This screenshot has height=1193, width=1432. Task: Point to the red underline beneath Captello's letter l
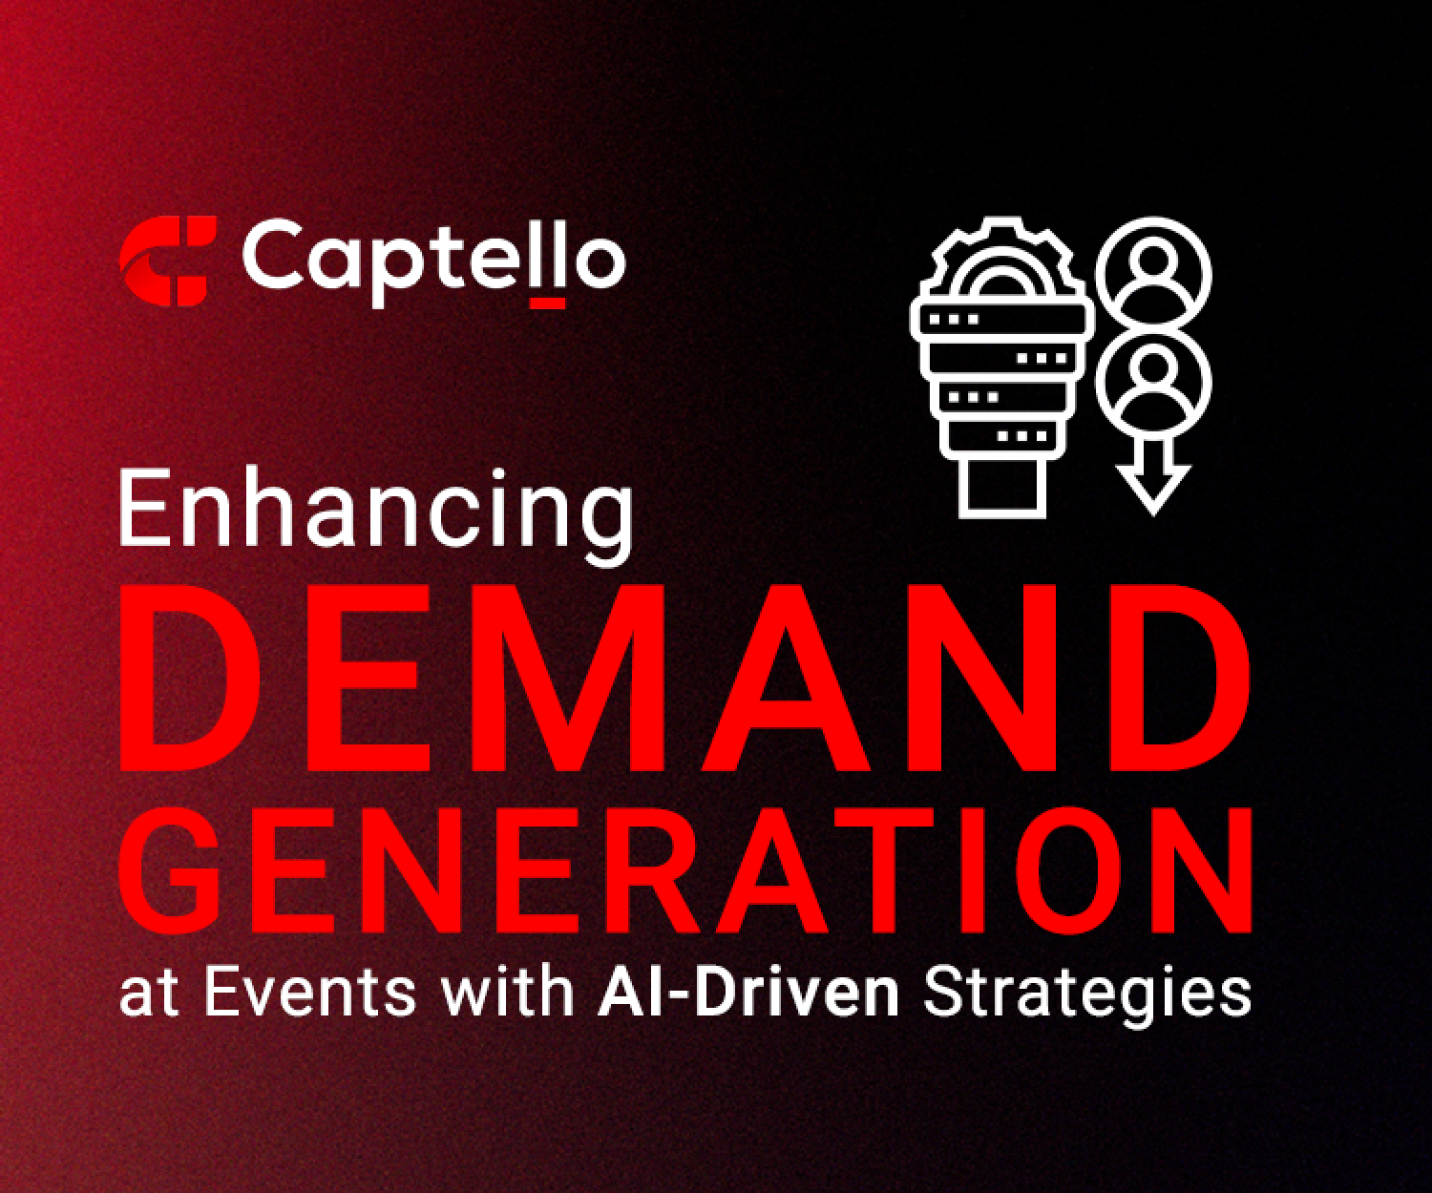(548, 303)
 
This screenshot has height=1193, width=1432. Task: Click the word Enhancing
(376, 515)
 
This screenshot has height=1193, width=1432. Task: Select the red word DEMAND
(684, 678)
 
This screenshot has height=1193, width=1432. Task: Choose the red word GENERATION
(685, 870)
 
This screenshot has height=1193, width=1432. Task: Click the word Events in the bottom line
(310, 993)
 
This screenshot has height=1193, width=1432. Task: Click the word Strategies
(1087, 995)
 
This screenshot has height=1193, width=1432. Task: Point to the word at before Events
(149, 995)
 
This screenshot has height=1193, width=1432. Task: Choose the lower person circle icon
(1153, 382)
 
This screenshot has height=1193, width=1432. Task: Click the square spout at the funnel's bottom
(1002, 488)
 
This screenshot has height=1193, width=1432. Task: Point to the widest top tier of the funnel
(1002, 320)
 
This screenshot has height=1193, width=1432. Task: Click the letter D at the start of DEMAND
(190, 678)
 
